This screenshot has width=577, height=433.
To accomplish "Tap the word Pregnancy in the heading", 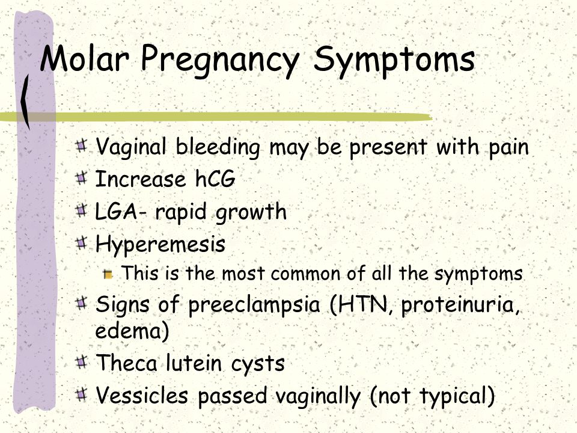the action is coord(220,61).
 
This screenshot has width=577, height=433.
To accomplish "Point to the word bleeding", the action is coord(218,148).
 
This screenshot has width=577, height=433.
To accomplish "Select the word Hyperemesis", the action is coord(160,245).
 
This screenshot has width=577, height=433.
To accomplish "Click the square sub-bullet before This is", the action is coord(108,274).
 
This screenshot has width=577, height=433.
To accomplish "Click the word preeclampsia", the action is coord(254,306).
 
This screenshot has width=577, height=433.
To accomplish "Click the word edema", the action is coord(129,330).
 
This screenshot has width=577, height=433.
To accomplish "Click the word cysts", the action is coord(258,364).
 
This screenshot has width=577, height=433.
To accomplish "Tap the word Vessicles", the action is coord(142,396).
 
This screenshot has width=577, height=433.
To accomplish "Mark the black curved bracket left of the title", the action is coord(25,101).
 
